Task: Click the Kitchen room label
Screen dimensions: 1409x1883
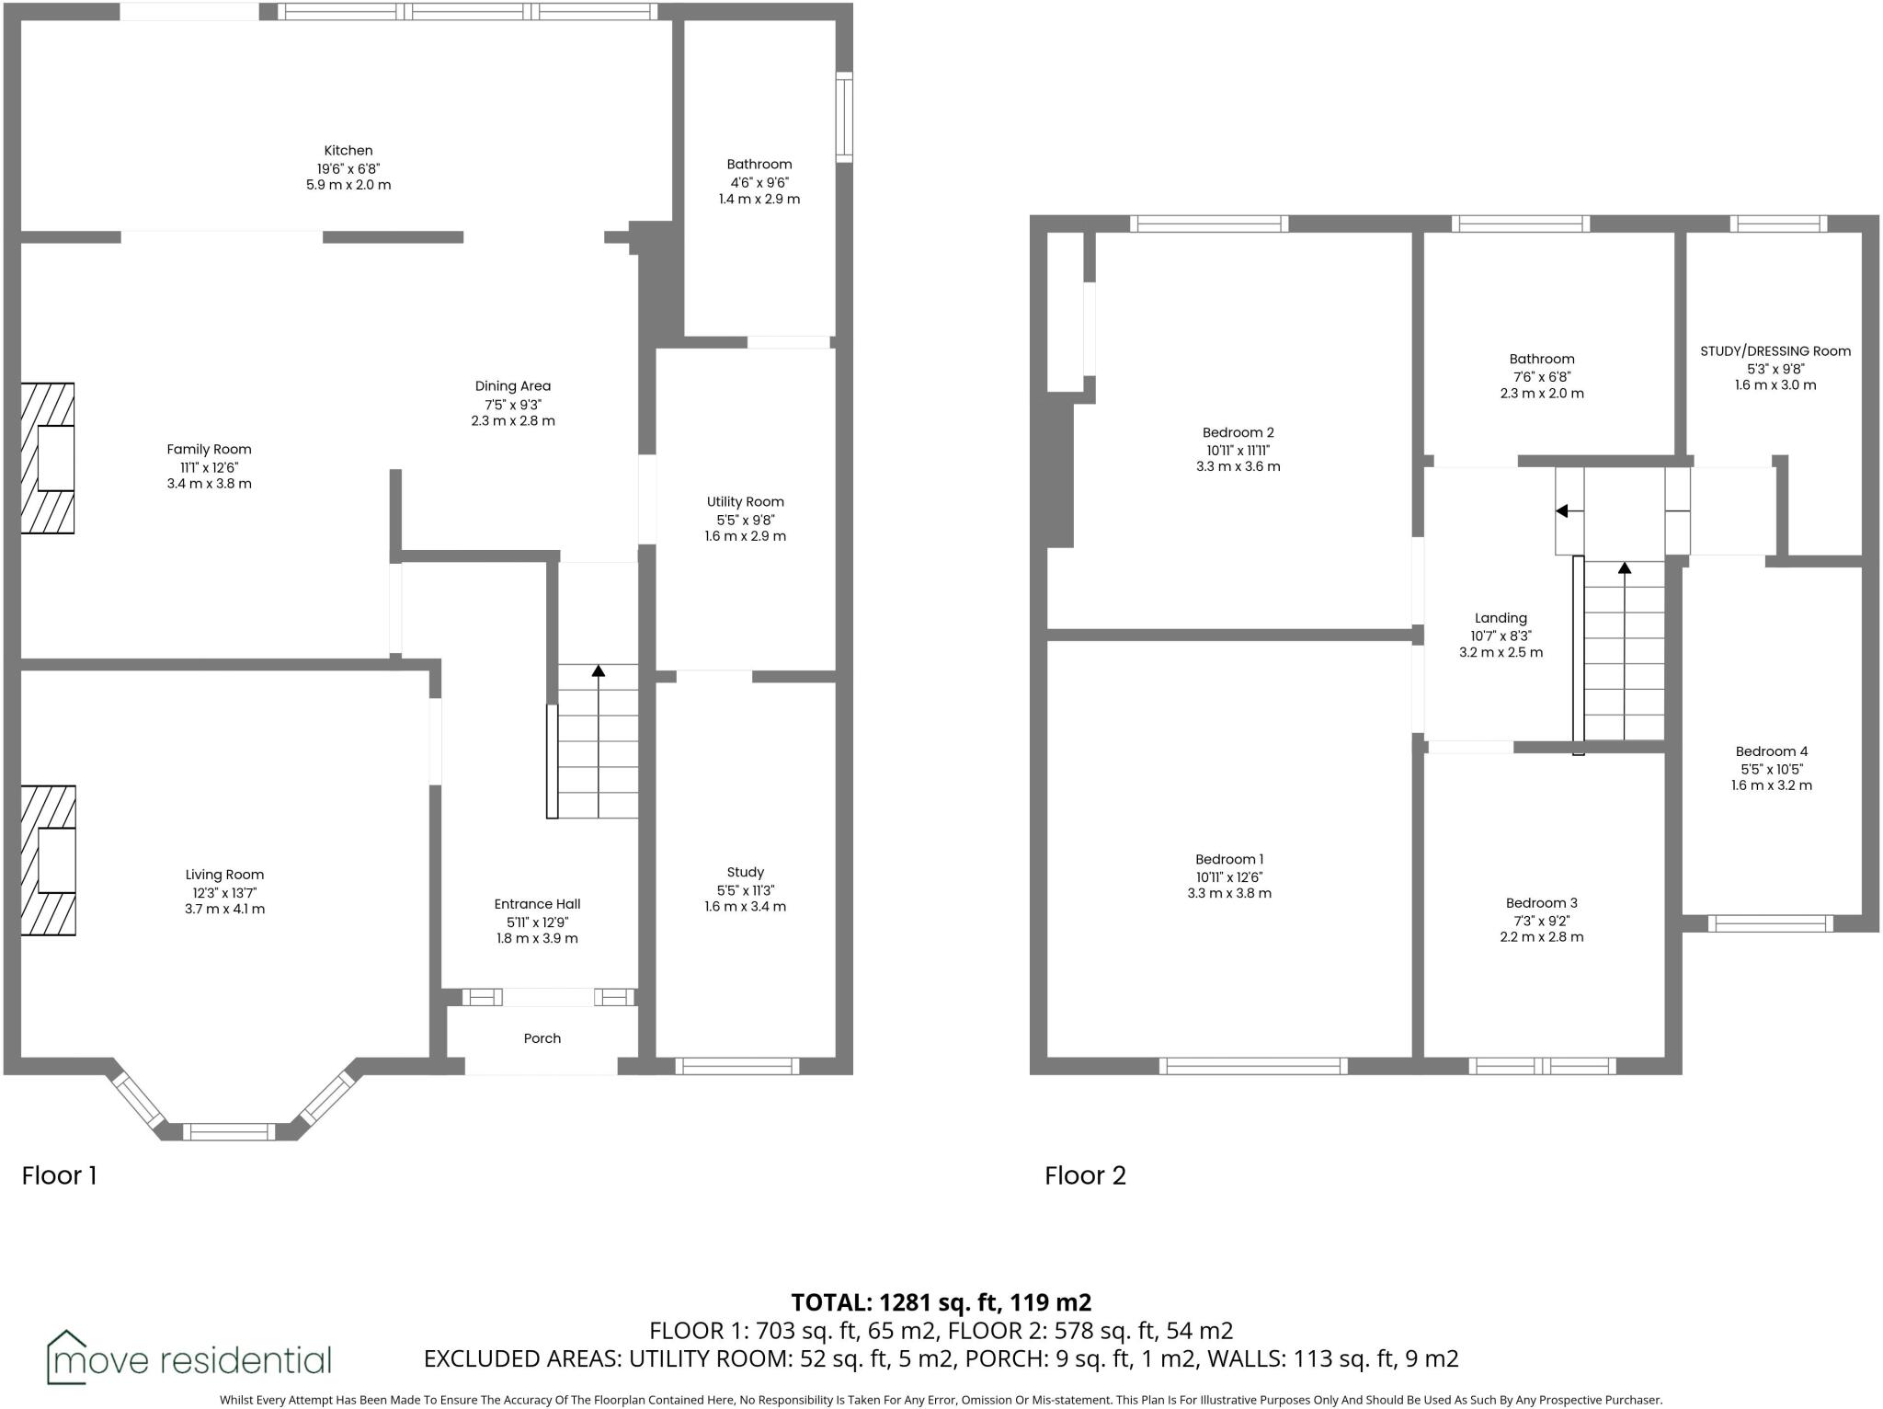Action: tap(348, 151)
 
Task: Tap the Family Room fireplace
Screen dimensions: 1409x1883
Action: tap(48, 458)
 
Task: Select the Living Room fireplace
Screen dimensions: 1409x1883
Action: tap(48, 860)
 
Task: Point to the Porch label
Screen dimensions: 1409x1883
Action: tap(542, 1038)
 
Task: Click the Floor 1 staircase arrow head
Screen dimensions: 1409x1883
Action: tap(599, 671)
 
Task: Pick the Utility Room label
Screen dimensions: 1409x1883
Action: tap(745, 502)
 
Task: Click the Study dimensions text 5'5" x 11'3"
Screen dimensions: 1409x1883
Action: tap(745, 890)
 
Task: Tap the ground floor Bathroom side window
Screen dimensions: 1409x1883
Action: tap(844, 118)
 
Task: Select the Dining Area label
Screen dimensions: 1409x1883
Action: tap(512, 386)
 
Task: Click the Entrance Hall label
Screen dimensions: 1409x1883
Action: tap(537, 904)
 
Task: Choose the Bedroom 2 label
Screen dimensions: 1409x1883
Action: tap(1238, 433)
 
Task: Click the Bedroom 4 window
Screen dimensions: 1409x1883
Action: tap(1770, 923)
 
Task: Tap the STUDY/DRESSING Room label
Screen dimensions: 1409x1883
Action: tap(1775, 351)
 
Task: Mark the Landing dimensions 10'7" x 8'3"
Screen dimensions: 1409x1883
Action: tap(1501, 636)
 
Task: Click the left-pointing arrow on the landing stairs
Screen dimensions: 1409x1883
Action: tap(1562, 511)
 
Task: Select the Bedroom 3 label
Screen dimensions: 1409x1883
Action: tap(1541, 903)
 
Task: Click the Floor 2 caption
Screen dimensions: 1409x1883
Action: tap(1085, 1175)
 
